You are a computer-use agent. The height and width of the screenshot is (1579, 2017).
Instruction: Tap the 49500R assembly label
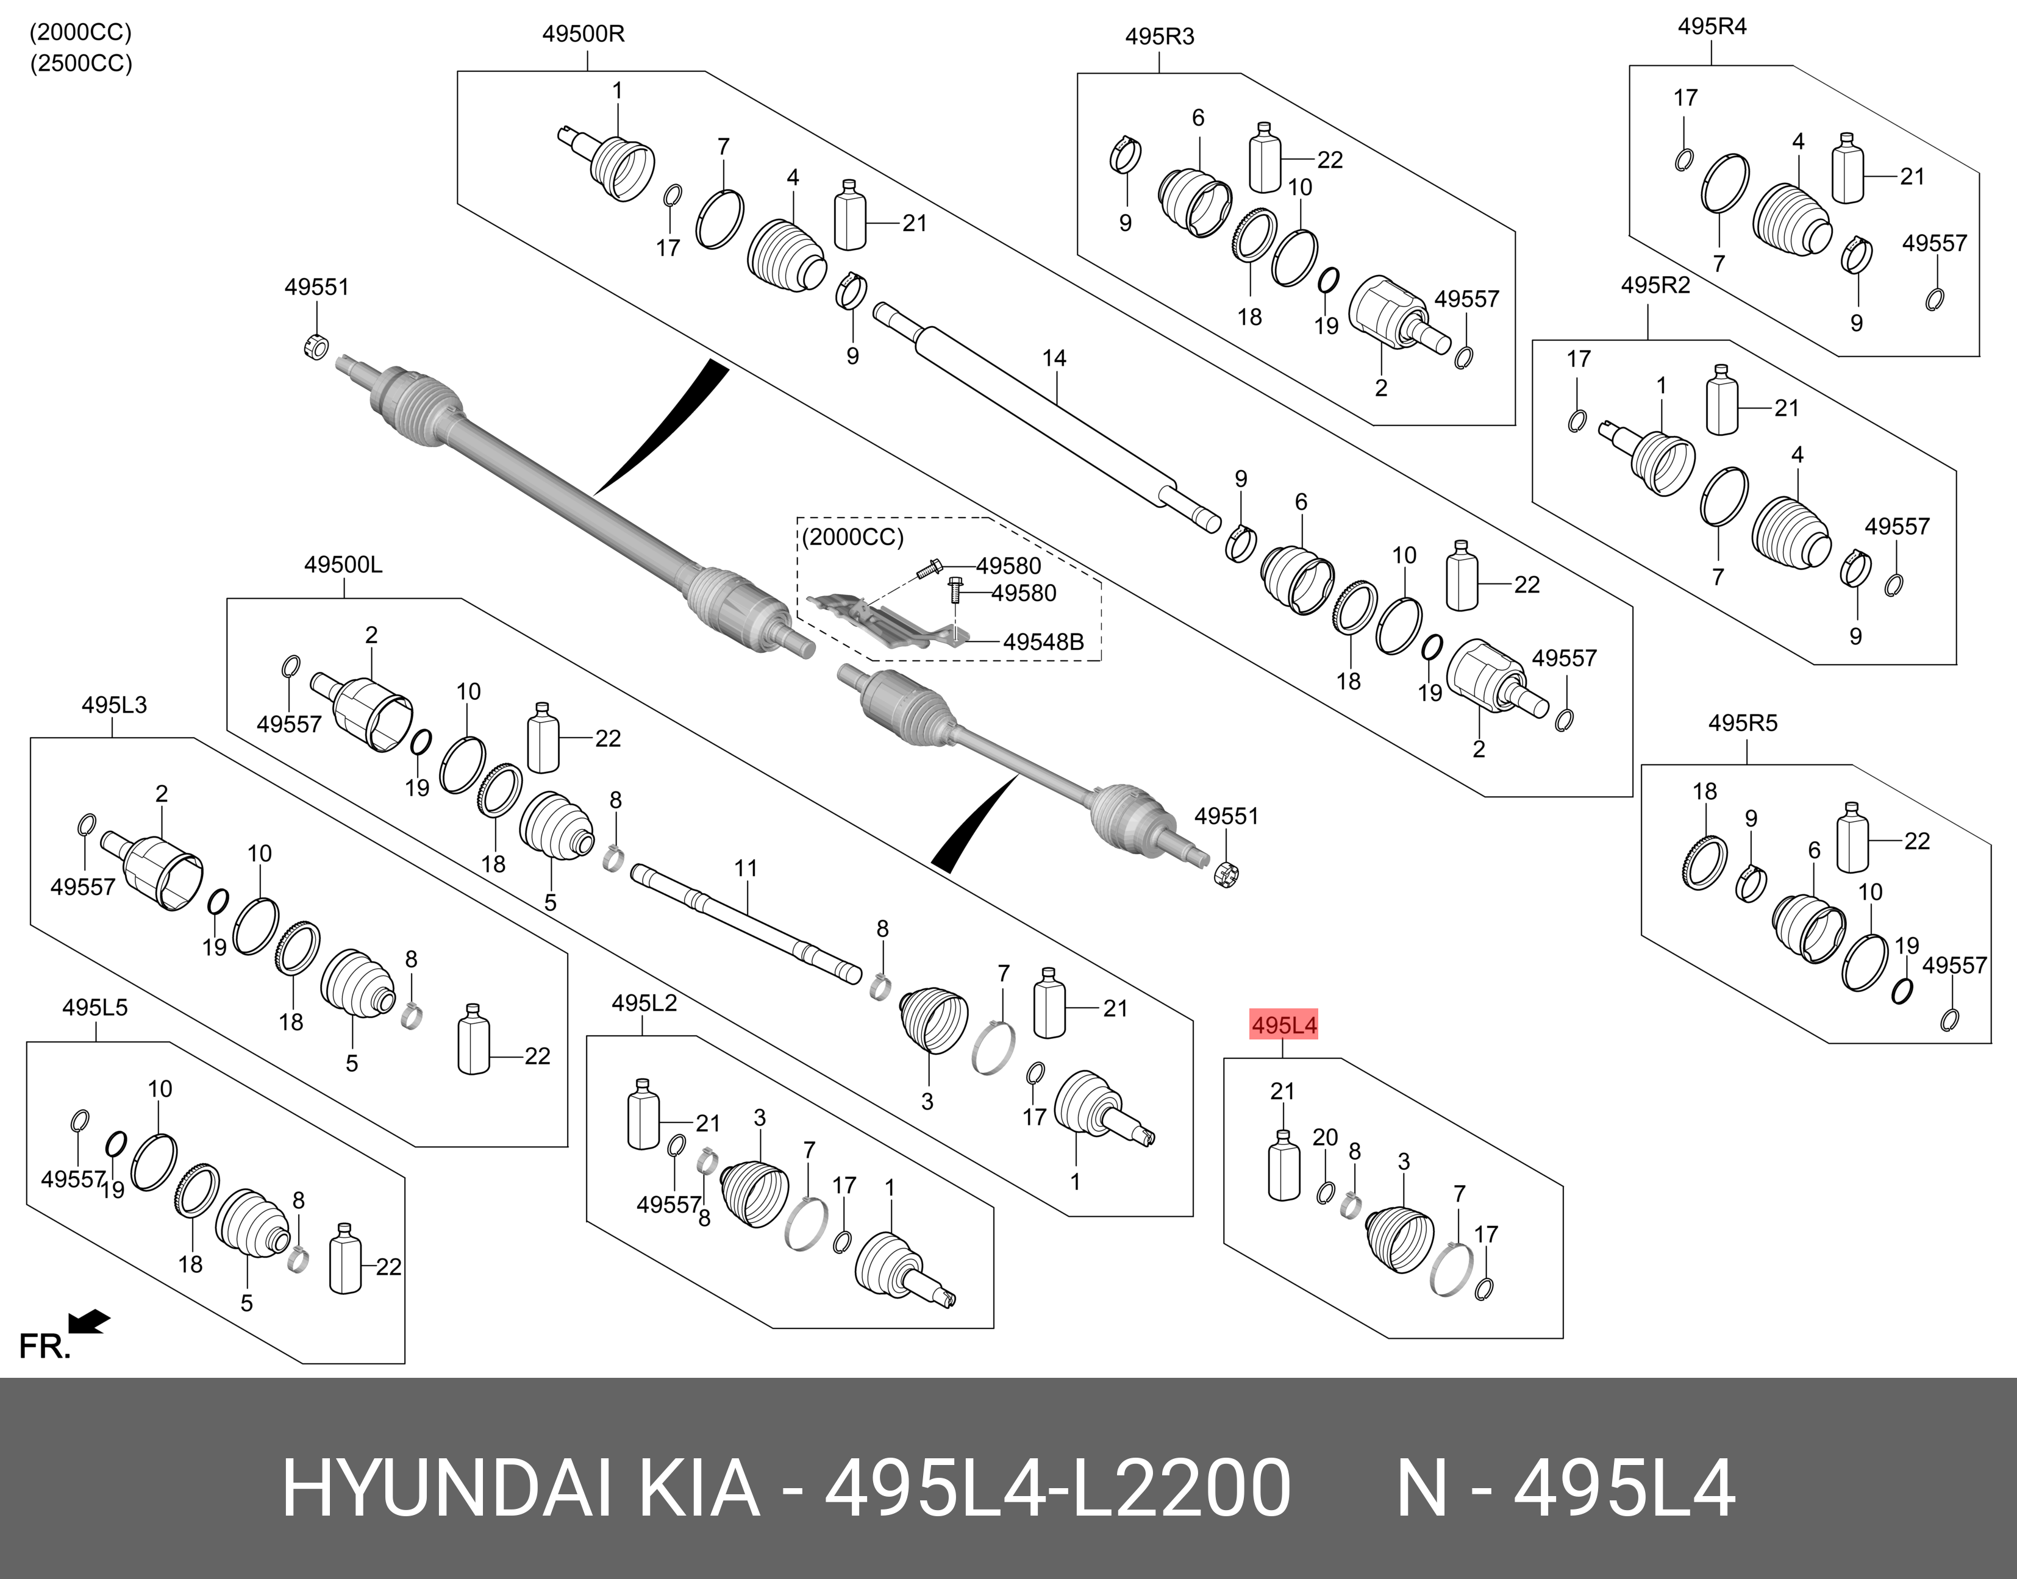click(584, 34)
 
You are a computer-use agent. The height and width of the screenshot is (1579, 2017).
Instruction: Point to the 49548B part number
click(1043, 641)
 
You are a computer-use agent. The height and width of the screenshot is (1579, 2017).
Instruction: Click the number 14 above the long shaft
click(1054, 358)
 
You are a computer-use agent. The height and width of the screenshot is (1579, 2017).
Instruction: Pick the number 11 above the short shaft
click(746, 868)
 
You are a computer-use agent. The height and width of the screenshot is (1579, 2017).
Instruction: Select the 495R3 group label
click(1159, 37)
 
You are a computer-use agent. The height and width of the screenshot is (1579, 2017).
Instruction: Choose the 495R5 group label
click(1743, 723)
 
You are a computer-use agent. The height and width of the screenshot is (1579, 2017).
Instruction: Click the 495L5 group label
click(95, 1008)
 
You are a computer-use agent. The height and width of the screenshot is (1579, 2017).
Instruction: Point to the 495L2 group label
click(644, 1003)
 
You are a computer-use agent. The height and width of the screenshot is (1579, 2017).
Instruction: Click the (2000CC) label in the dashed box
click(852, 537)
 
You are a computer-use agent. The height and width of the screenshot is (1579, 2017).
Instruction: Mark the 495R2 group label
click(1655, 286)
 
